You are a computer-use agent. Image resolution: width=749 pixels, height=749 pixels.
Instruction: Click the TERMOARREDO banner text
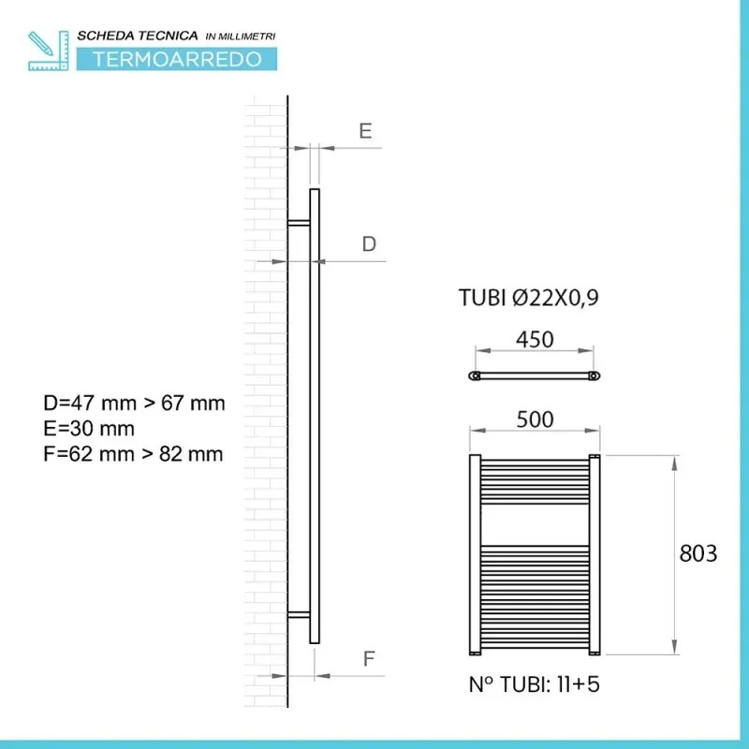click(x=177, y=59)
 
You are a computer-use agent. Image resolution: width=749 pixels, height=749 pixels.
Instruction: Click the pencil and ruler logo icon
click(x=49, y=51)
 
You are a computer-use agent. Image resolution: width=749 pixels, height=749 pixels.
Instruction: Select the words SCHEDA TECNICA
click(x=138, y=36)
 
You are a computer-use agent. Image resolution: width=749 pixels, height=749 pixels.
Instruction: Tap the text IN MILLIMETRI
click(x=241, y=37)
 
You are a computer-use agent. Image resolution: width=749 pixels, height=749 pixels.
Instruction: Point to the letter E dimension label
click(x=365, y=131)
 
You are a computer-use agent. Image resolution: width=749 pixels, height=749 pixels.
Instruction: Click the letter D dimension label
click(x=369, y=244)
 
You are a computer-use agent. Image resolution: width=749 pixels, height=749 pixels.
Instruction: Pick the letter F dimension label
click(x=368, y=659)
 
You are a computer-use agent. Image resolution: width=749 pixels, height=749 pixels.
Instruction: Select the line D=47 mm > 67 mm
click(x=134, y=404)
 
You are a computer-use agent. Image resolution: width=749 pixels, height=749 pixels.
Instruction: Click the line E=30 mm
click(x=89, y=429)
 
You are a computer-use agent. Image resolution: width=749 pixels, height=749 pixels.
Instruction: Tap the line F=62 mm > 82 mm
click(x=133, y=454)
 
